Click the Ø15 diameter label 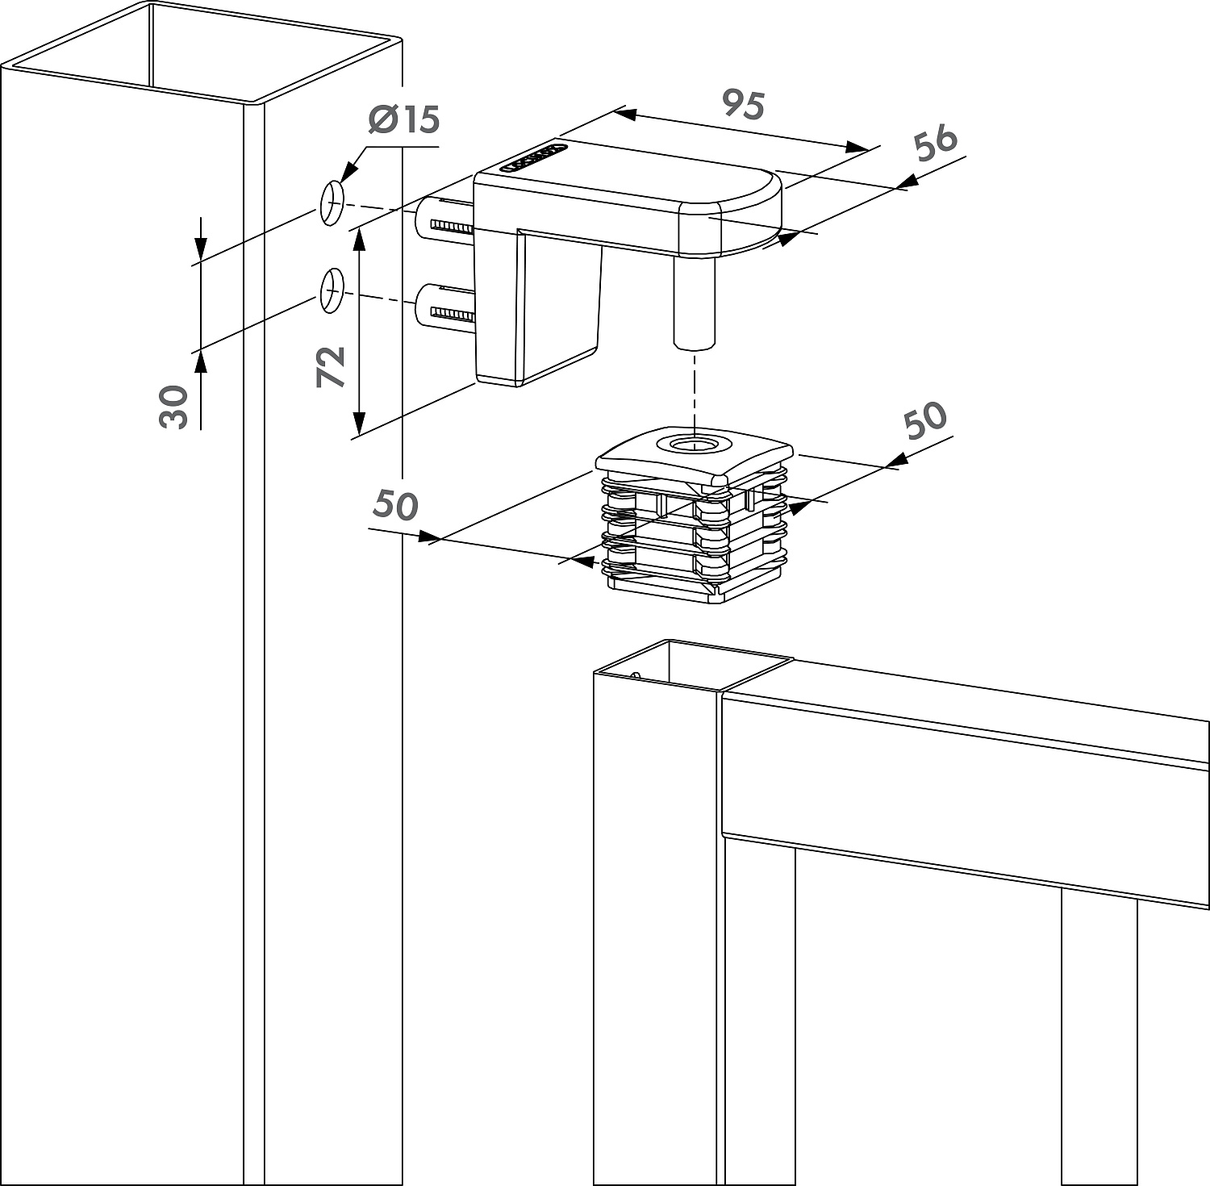pos(403,120)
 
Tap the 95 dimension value pos(743,105)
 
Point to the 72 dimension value pos(332,366)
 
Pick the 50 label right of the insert pos(924,420)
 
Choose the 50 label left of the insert pos(395,505)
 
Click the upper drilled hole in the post pos(332,203)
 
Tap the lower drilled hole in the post pos(332,290)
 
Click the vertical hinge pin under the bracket pos(693,303)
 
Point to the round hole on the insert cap pos(693,444)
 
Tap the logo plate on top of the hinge pos(533,158)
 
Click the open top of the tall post pos(202,52)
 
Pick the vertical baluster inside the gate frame pos(1099,1033)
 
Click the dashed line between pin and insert pos(693,387)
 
